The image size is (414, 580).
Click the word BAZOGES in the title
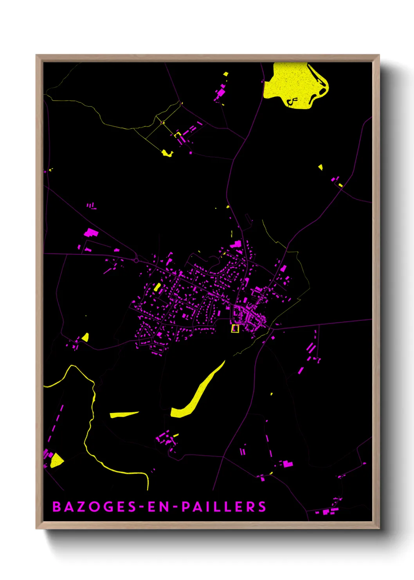[94, 507]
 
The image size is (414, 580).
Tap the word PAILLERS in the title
[224, 507]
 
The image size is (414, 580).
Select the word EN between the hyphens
[159, 507]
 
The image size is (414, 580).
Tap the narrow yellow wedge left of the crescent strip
[123, 414]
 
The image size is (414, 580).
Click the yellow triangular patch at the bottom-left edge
[57, 460]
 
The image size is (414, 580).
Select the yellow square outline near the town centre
[235, 328]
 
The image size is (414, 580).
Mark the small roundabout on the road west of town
[136, 260]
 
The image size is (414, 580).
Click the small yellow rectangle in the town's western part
[157, 287]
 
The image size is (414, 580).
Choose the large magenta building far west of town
[90, 233]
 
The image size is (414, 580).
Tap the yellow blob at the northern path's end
[167, 153]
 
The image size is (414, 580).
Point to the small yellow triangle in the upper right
[320, 167]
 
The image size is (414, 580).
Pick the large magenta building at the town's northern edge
[236, 245]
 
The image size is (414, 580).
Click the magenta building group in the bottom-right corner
[329, 510]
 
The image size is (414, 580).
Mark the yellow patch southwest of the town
[85, 337]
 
